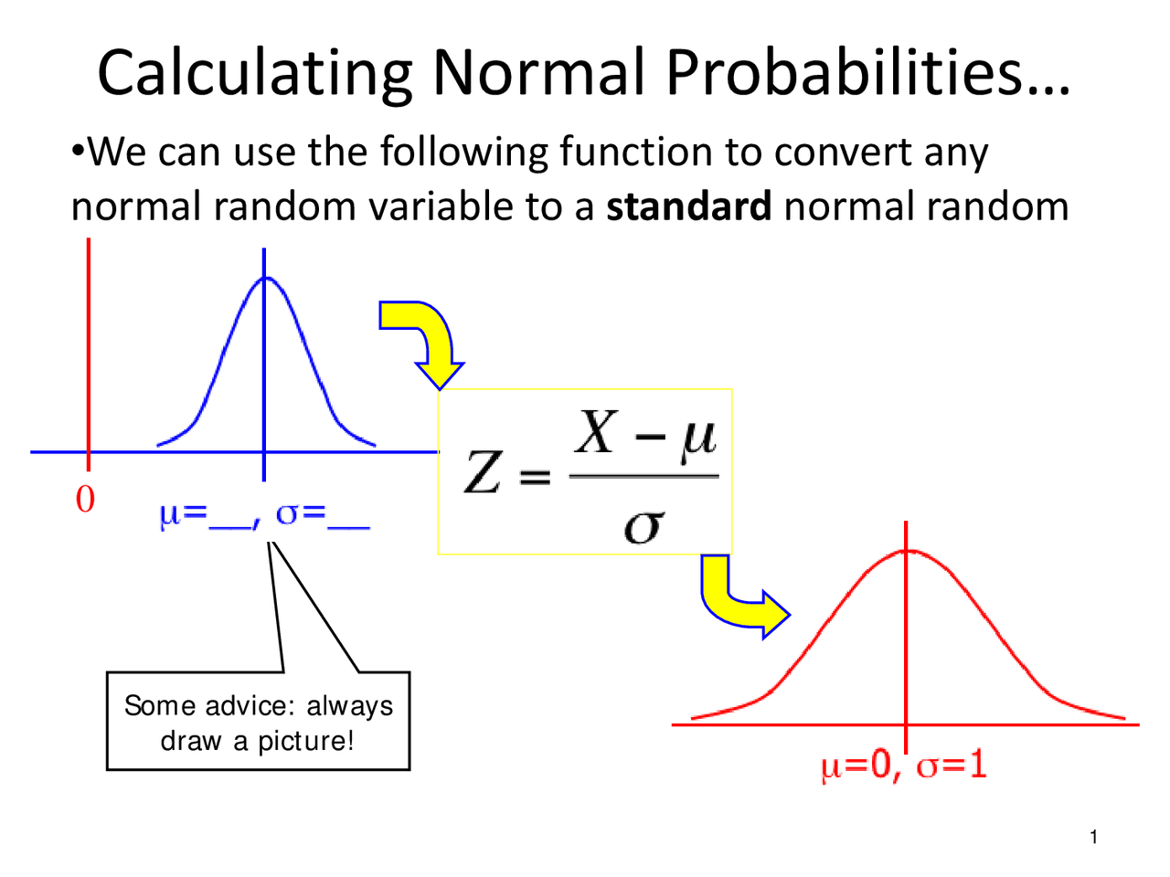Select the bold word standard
pyautogui.click(x=689, y=206)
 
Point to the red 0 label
pyautogui.click(x=85, y=500)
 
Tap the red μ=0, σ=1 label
pyautogui.click(x=904, y=764)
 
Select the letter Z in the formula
pyautogui.click(x=483, y=473)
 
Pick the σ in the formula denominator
pyautogui.click(x=643, y=525)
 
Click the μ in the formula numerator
pyautogui.click(x=697, y=436)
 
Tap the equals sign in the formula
pyautogui.click(x=536, y=477)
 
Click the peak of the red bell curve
pyautogui.click(x=906, y=550)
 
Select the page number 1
pyautogui.click(x=1093, y=837)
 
